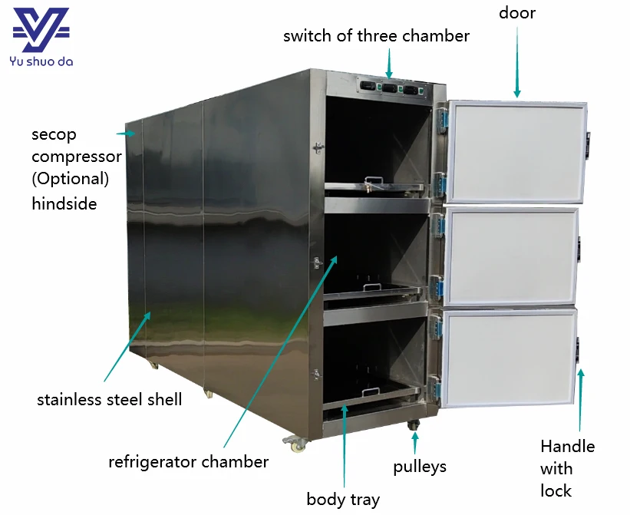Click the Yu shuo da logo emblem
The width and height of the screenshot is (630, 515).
click(41, 29)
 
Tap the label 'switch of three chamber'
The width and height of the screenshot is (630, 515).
click(376, 36)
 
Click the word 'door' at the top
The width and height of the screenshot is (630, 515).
click(517, 13)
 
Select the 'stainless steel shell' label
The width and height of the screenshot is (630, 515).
click(109, 400)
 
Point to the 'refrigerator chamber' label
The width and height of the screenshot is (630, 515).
click(189, 462)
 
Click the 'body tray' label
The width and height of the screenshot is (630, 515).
click(343, 500)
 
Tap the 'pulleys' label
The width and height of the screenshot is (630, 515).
click(420, 467)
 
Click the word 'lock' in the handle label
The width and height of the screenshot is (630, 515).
click(556, 491)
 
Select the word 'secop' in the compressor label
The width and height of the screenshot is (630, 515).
click(54, 135)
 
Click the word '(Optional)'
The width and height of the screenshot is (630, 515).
click(71, 179)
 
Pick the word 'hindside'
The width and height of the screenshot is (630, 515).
click(64, 203)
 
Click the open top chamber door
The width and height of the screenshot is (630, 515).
click(516, 151)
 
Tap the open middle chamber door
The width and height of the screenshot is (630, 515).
click(511, 256)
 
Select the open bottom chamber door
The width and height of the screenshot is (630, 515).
click(509, 358)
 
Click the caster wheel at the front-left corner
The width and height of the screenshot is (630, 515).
click(296, 444)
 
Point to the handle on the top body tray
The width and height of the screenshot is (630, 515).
click(374, 181)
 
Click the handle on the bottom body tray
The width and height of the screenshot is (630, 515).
click(371, 391)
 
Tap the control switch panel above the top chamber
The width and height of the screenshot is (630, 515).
click(393, 87)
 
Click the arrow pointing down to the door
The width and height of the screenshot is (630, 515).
click(517, 62)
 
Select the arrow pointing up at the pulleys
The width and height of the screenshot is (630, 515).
click(415, 443)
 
